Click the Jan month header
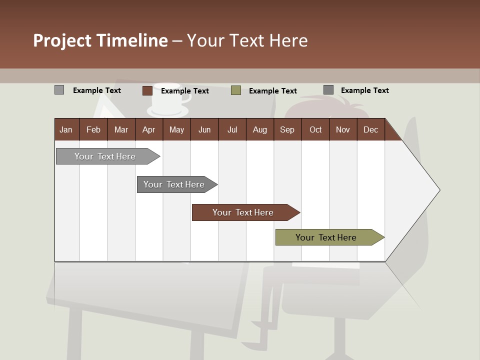(66, 129)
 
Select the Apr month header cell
(148, 129)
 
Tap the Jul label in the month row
(232, 129)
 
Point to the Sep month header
(287, 129)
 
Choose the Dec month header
(370, 129)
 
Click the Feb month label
(93, 129)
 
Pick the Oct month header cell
(315, 129)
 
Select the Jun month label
(204, 129)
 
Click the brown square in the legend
(147, 90)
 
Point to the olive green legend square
(236, 90)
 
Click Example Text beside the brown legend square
(185, 91)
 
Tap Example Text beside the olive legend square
(273, 91)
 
